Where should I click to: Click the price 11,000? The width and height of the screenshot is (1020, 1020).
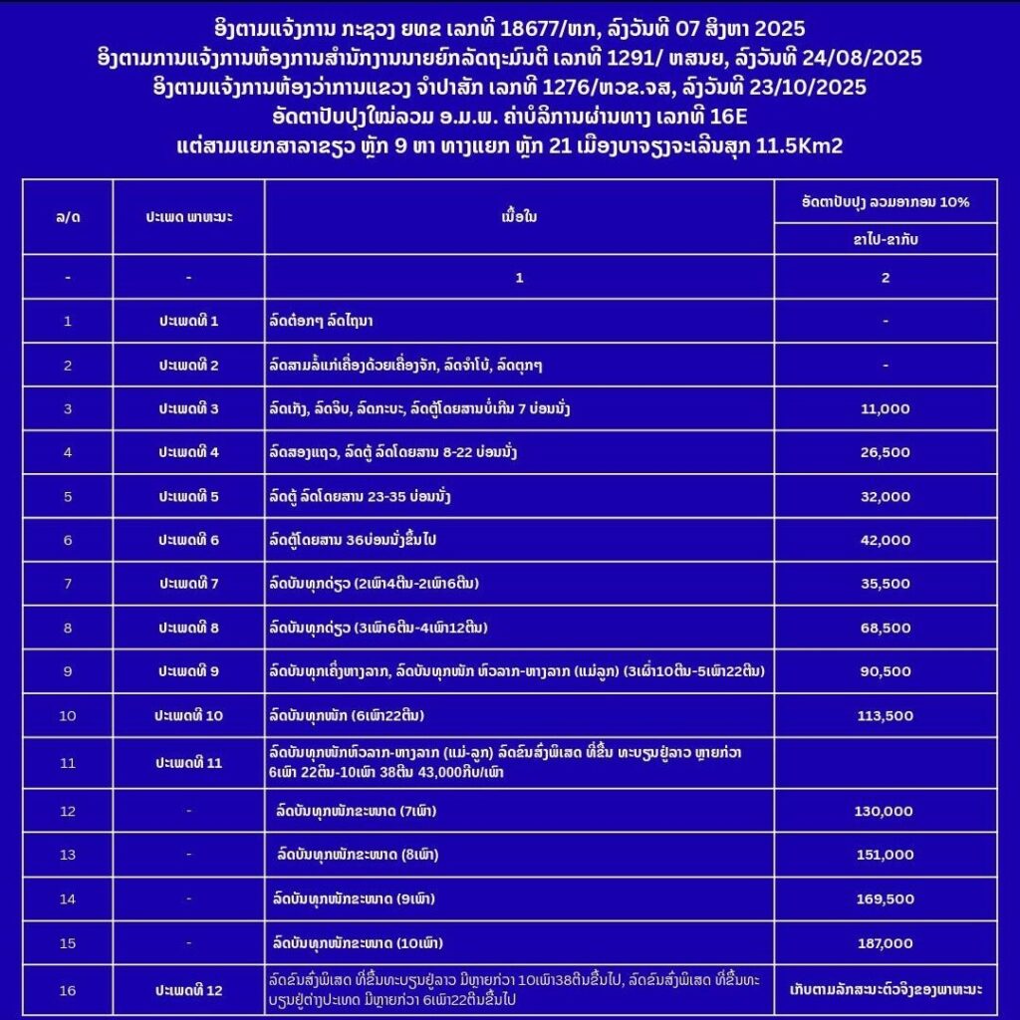[885, 408]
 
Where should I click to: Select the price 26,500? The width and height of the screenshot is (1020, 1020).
[885, 452]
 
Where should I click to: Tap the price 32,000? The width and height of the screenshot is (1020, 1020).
[885, 496]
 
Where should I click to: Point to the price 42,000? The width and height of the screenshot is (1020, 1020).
[885, 540]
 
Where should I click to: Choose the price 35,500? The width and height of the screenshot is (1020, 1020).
[885, 584]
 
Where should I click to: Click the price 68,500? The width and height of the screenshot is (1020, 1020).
[885, 628]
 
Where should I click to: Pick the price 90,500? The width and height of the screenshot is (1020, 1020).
[885, 671]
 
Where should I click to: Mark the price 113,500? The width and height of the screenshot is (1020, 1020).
[885, 715]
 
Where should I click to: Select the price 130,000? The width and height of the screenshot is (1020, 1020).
[885, 812]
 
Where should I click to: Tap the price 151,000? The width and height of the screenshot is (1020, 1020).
[885, 855]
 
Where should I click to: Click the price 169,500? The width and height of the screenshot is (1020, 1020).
[885, 898]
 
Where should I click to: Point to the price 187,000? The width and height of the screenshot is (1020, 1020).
[885, 942]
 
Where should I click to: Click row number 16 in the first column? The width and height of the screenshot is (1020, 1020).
[68, 989]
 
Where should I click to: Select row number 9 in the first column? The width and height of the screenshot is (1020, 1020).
[68, 671]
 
